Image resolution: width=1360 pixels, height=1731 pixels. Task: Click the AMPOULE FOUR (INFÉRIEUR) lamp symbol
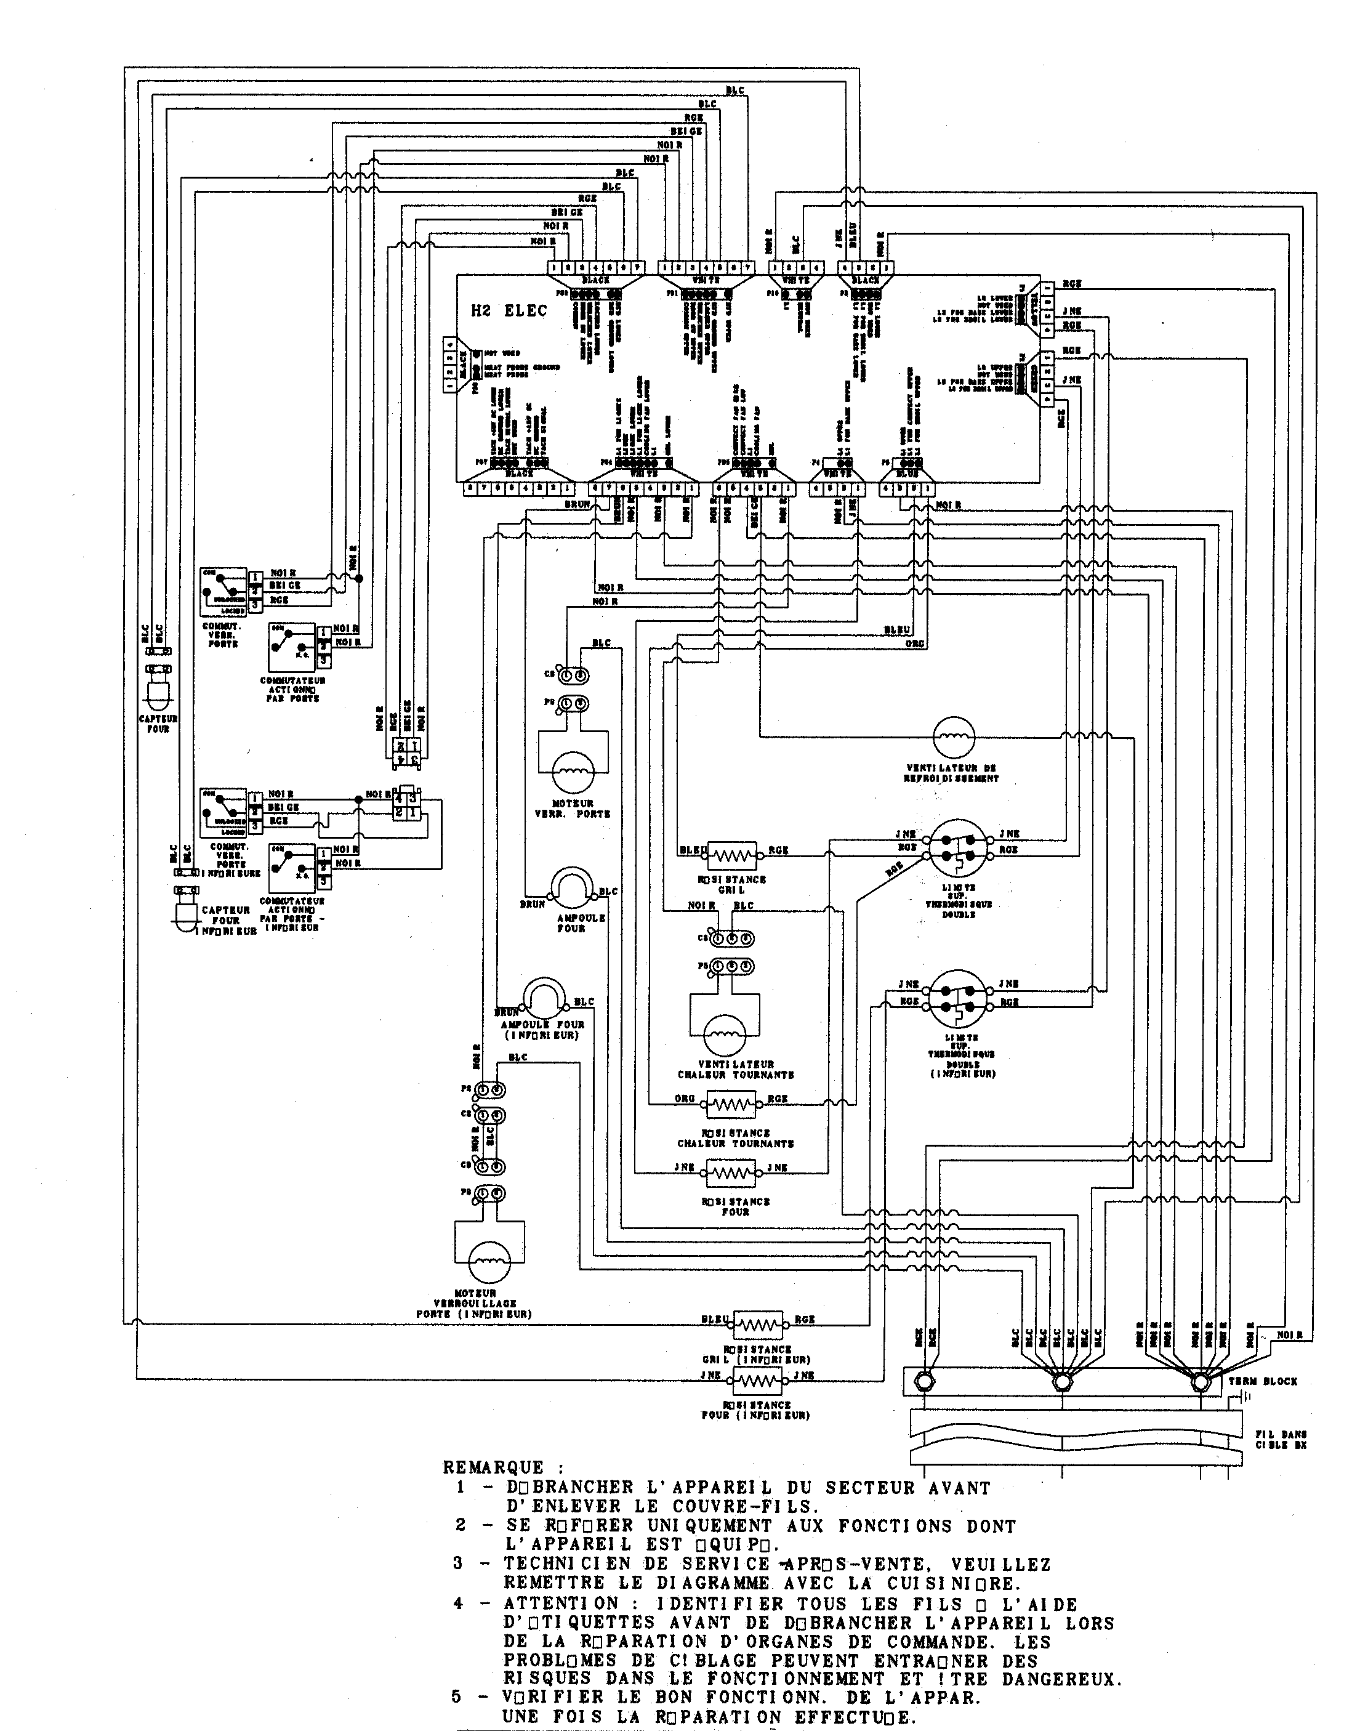point(544,998)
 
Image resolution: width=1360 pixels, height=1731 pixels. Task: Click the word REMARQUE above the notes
point(494,1467)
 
